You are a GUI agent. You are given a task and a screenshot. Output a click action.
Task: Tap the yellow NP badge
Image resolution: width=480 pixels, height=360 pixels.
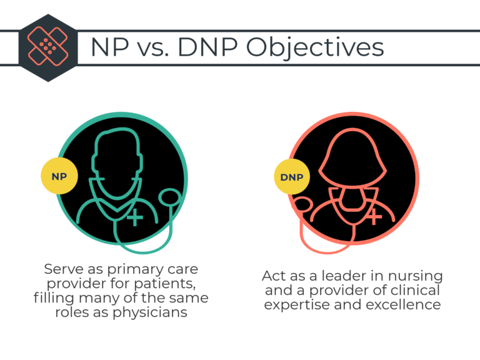point(59,177)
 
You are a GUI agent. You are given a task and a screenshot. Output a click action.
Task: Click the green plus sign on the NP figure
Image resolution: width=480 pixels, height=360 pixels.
point(134,217)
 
